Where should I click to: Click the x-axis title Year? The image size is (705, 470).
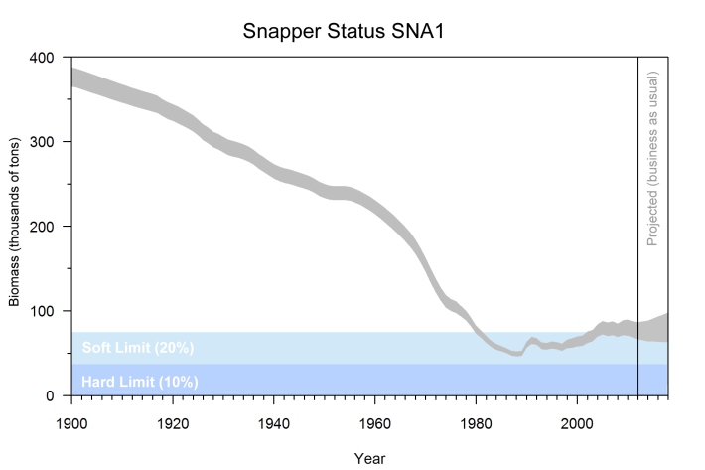(x=369, y=458)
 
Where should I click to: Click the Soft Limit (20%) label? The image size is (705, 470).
(x=137, y=348)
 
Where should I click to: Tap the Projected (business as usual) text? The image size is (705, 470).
(x=653, y=158)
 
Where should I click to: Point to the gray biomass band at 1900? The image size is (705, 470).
(x=72, y=78)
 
